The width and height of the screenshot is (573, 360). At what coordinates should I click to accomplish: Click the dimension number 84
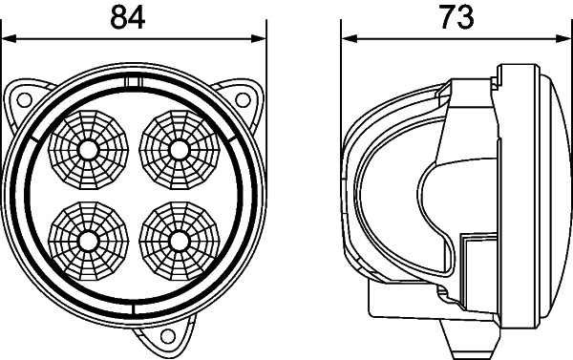pyautogui.click(x=133, y=16)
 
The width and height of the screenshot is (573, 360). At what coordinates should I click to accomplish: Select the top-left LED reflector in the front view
pyautogui.click(x=88, y=149)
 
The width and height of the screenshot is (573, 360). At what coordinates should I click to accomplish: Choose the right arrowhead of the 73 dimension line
pyautogui.click(x=558, y=39)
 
